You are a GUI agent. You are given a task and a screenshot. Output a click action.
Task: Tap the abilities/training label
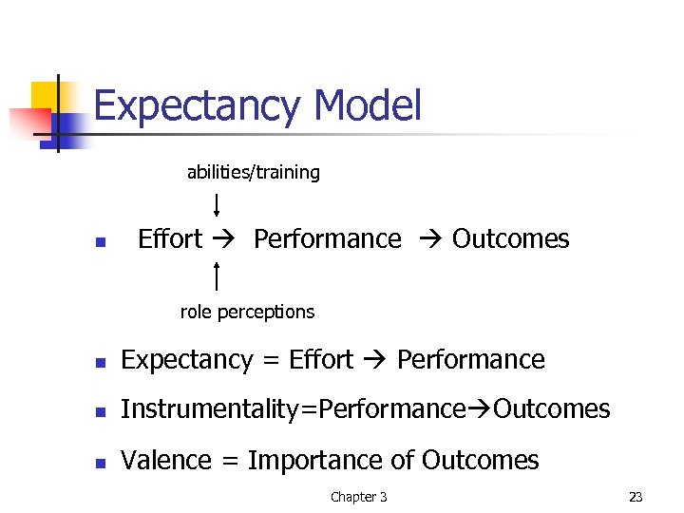pyautogui.click(x=253, y=172)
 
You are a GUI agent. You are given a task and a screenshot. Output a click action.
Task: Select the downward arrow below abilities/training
pyautogui.click(x=218, y=205)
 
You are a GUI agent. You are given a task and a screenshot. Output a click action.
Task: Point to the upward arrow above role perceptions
pyautogui.click(x=218, y=275)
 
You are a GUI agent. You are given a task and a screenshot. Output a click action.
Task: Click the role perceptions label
pyautogui.click(x=247, y=312)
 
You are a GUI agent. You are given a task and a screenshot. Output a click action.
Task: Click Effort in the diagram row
pyautogui.click(x=170, y=239)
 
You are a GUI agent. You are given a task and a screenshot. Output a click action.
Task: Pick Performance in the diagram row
pyautogui.click(x=328, y=239)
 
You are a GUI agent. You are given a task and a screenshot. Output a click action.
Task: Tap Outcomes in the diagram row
pyautogui.click(x=511, y=239)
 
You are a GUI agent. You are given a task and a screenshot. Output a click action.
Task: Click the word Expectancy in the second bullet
pyautogui.click(x=187, y=361)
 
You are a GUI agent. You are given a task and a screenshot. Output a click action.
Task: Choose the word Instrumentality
pyautogui.click(x=208, y=409)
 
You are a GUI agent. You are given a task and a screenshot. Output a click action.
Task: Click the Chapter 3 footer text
pyautogui.click(x=358, y=497)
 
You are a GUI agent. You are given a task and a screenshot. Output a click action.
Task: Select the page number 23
pyautogui.click(x=636, y=497)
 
